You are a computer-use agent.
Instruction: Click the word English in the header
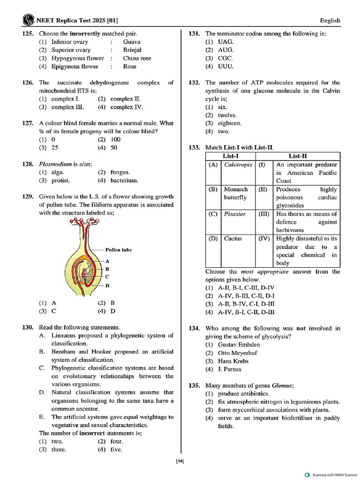tap(330, 21)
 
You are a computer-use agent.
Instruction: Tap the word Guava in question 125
tap(132, 42)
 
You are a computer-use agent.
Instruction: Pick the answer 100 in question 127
tap(116, 140)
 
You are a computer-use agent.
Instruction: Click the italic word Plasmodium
tap(55, 164)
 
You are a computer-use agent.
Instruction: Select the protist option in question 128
tap(60, 180)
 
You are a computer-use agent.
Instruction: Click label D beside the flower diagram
tap(107, 285)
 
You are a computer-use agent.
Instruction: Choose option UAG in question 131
tap(225, 42)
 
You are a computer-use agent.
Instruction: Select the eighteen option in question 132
tap(230, 123)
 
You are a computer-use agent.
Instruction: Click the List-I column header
tap(231, 156)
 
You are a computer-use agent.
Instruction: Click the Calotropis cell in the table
tap(238, 165)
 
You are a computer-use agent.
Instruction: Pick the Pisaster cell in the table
tap(235, 214)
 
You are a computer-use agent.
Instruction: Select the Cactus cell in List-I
tap(233, 239)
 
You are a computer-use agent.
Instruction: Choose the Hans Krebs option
tap(233, 361)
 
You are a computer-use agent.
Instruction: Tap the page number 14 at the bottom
tap(180, 462)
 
